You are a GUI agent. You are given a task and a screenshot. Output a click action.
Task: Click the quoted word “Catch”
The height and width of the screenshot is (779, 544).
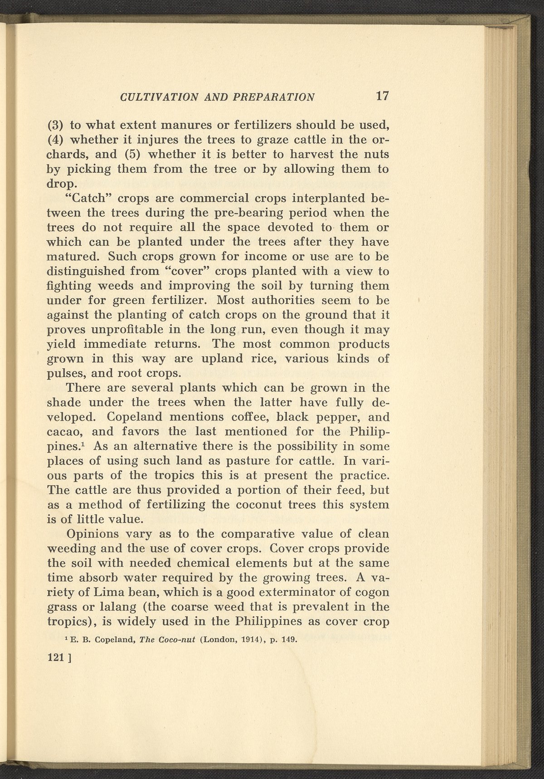tap(85, 198)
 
